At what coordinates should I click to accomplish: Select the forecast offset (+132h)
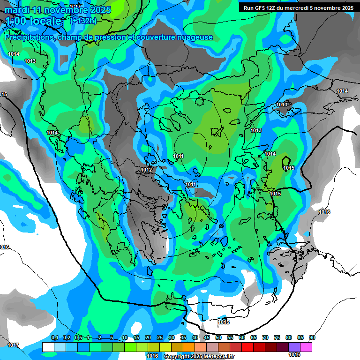tap(83, 21)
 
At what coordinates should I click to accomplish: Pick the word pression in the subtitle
tap(108, 37)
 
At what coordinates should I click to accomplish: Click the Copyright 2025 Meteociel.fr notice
tap(198, 357)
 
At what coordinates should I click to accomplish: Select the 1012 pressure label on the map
tap(146, 170)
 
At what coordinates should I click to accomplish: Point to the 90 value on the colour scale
tap(312, 337)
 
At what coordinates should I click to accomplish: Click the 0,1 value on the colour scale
tap(54, 337)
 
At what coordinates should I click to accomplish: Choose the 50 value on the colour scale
tap(218, 337)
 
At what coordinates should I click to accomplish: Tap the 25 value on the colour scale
tap(160, 337)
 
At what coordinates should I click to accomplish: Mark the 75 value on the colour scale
tap(277, 337)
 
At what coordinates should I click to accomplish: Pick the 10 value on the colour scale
tap(125, 337)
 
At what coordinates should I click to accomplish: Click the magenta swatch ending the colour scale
tap(306, 347)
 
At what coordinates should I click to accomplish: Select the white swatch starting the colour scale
tap(48, 347)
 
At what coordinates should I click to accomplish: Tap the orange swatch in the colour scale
tap(189, 347)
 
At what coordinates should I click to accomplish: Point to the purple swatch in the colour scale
tap(294, 347)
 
